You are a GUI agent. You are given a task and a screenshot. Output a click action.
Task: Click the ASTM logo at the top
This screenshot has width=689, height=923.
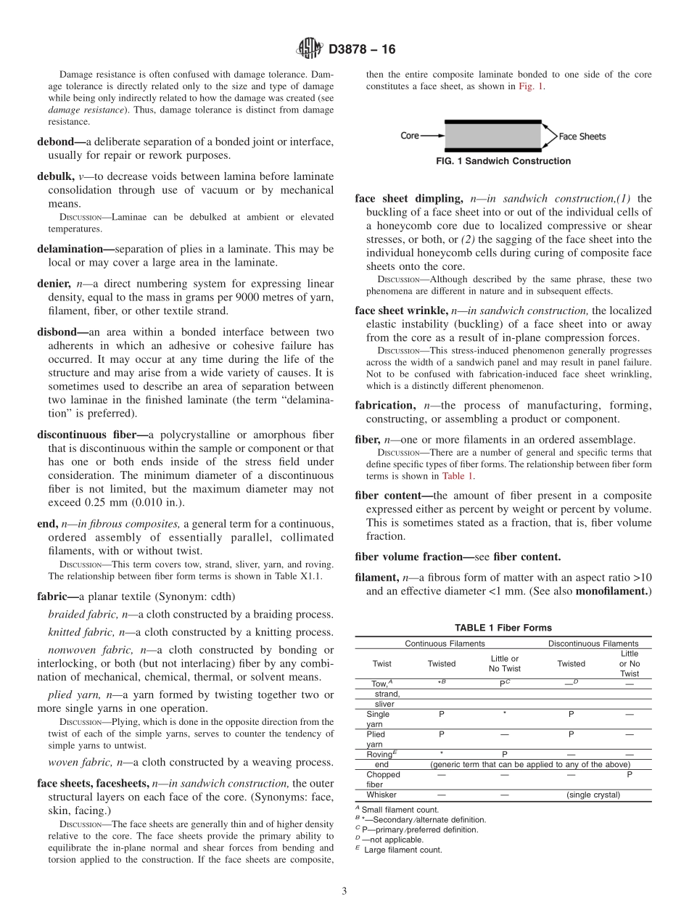tap(310, 49)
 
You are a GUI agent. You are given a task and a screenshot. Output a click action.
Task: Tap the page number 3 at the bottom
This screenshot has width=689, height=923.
tap(344, 891)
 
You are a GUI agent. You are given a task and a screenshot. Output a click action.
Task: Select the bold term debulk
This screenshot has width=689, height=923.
tap(55, 176)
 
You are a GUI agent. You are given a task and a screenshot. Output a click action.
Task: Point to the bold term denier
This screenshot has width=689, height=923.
tap(54, 284)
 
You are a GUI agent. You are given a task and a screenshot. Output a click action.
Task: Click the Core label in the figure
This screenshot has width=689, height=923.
tap(410, 136)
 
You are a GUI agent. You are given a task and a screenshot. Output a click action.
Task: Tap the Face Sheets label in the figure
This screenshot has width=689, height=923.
tap(582, 136)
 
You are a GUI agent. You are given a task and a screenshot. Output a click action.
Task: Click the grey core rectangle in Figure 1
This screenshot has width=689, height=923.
tap(492, 136)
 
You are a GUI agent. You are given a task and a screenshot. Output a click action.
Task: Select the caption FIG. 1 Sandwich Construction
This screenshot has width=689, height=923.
tap(503, 161)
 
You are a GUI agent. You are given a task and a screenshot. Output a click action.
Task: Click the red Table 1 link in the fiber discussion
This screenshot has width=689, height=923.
tap(458, 476)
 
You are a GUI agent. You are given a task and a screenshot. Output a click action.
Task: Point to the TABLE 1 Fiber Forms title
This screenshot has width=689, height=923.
tap(503, 628)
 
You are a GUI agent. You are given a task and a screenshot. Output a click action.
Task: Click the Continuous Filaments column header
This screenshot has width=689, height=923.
tap(445, 643)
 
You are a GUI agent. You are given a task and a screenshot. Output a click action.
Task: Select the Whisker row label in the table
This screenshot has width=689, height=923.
tap(381, 795)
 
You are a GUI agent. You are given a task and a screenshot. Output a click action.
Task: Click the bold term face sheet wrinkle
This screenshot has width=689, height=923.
tap(401, 311)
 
